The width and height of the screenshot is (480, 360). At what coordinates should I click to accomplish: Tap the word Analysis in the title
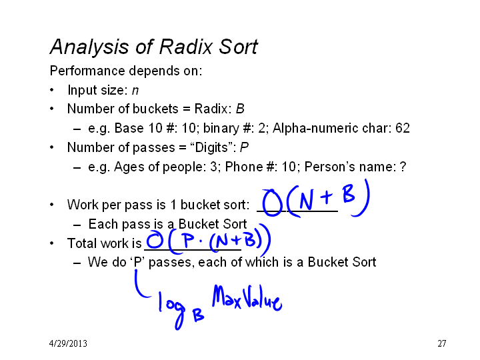(x=89, y=47)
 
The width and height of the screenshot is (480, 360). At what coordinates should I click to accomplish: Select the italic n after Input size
(x=135, y=91)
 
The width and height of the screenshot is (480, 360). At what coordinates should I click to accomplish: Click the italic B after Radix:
(x=240, y=109)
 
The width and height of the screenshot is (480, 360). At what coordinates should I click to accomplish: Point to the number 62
(x=403, y=128)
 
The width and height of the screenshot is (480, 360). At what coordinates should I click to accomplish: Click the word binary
(x=221, y=128)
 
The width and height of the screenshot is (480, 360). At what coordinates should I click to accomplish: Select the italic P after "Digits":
(x=244, y=147)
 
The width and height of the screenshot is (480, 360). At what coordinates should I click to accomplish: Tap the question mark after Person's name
(x=403, y=167)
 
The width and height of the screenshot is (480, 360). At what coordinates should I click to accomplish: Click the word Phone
(x=244, y=167)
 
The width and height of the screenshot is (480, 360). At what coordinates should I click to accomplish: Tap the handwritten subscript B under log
(x=199, y=315)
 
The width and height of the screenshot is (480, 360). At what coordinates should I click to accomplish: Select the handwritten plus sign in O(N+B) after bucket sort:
(x=326, y=197)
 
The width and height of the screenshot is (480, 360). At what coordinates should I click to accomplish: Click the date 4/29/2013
(x=68, y=343)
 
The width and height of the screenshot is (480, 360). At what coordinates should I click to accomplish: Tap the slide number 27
(x=442, y=343)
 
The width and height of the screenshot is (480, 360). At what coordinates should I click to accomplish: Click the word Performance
(x=87, y=71)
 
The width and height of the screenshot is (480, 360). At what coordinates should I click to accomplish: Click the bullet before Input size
(x=52, y=90)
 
